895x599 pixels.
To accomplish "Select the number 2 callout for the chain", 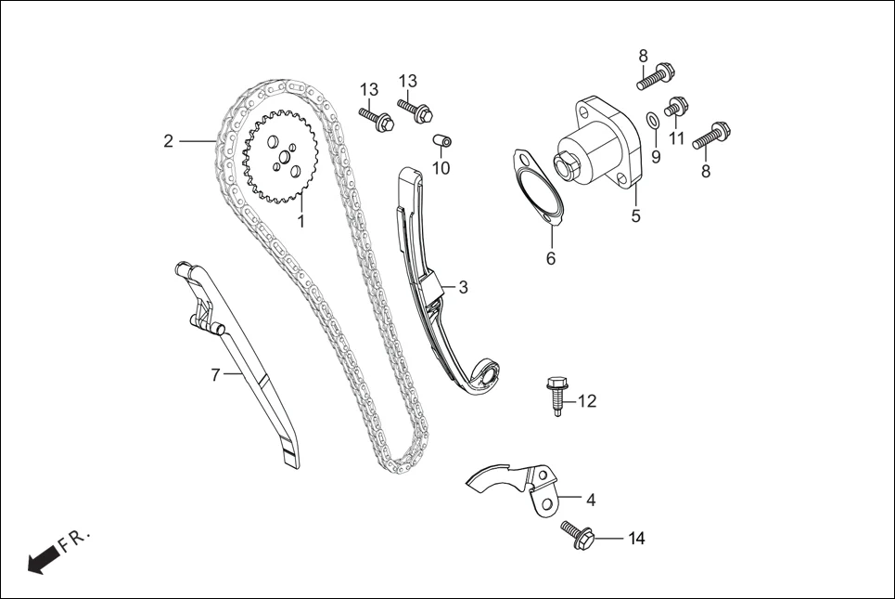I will point(168,141).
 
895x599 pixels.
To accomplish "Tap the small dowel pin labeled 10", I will point(442,142).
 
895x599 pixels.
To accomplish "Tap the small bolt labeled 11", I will point(676,108).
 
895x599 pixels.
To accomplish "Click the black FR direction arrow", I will point(42,559).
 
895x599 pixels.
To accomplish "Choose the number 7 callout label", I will point(215,375).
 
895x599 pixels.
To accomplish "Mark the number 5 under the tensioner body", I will point(636,216).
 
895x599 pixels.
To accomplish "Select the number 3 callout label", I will point(463,287).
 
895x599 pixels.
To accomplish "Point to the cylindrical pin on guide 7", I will point(209,324).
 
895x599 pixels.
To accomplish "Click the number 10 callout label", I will point(441,168).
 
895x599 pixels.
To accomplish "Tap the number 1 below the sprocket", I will point(300,221).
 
